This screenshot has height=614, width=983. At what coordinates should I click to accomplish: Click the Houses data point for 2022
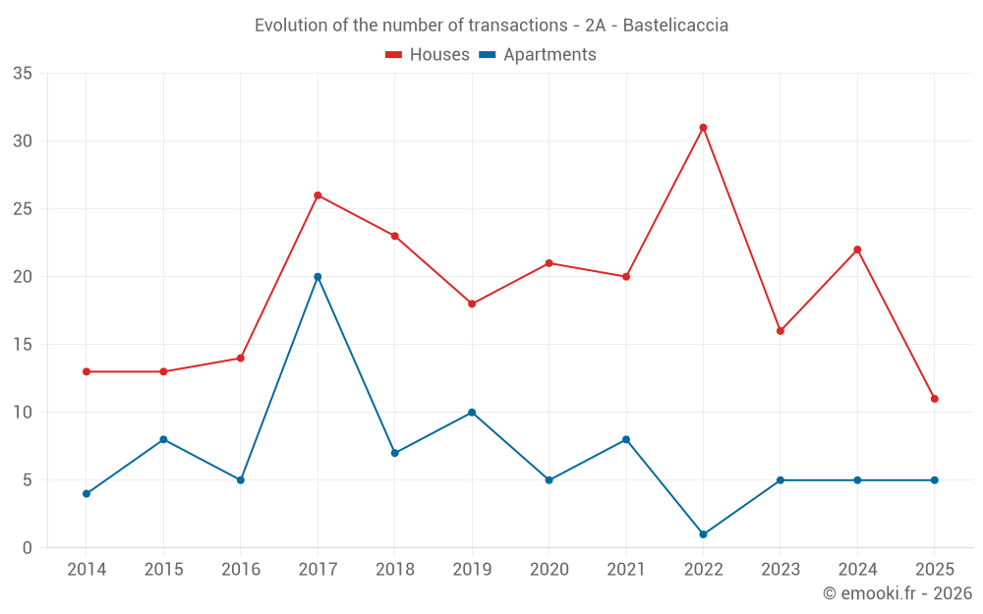[x=703, y=128]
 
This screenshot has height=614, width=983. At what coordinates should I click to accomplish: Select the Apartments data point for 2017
[x=318, y=277]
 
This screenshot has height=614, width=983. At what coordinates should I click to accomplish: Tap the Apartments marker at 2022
[x=703, y=534]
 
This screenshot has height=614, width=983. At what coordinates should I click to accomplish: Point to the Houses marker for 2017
[x=318, y=195]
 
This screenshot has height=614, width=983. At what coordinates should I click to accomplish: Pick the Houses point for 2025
[x=934, y=399]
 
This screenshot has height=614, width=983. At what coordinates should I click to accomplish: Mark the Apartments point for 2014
[x=87, y=493]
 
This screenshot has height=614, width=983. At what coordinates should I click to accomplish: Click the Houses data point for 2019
[x=472, y=304]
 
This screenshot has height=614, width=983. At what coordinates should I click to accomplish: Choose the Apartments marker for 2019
[x=472, y=413]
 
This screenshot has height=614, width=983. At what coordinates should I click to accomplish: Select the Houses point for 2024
[x=857, y=250]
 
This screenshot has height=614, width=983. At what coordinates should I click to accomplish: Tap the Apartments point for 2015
[x=163, y=439]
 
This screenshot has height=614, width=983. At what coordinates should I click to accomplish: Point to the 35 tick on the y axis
[x=23, y=74]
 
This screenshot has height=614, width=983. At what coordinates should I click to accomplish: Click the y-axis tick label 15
[x=23, y=345]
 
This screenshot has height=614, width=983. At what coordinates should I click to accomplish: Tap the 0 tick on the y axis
[x=28, y=548]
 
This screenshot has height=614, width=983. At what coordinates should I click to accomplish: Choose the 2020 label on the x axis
[x=549, y=570]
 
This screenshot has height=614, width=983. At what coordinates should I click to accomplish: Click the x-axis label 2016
[x=241, y=570]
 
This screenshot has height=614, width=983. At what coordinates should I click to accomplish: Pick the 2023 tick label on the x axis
[x=780, y=570]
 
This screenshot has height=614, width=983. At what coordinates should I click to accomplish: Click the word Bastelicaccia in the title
[x=678, y=26]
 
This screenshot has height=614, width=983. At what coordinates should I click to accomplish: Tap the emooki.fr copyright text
[x=897, y=593]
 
